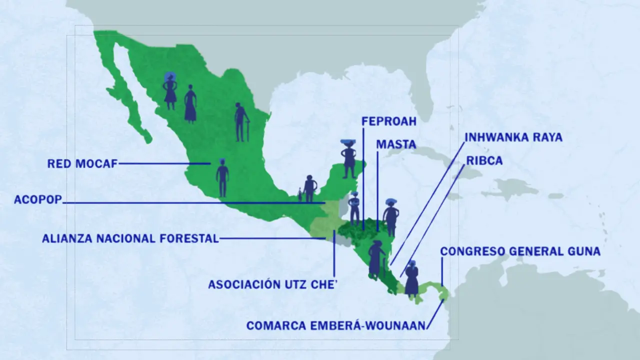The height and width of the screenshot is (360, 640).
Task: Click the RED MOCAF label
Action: click(82, 163)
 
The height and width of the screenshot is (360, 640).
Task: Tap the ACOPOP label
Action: click(38, 200)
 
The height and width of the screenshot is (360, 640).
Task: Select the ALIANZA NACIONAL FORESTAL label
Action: click(130, 238)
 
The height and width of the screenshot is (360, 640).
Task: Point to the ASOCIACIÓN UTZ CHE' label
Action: click(273, 284)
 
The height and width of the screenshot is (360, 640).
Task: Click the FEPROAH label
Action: click(388, 121)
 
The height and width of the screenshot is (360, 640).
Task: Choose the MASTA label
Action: click(396, 144)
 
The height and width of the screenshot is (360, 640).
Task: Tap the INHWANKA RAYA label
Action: click(513, 137)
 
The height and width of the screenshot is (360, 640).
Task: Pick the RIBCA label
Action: click(484, 161)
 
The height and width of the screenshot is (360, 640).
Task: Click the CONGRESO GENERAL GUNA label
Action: click(520, 251)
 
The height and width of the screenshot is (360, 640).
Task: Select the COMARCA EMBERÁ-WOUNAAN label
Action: click(336, 326)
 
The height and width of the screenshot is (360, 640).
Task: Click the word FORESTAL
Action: click(189, 238)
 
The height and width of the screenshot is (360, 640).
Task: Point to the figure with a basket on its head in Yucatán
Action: click(348, 158)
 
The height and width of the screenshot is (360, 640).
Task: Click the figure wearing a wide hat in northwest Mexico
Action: click(170, 90)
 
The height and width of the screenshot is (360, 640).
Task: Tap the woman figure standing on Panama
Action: click(411, 278)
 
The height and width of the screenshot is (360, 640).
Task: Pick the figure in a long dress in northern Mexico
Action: click(190, 103)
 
